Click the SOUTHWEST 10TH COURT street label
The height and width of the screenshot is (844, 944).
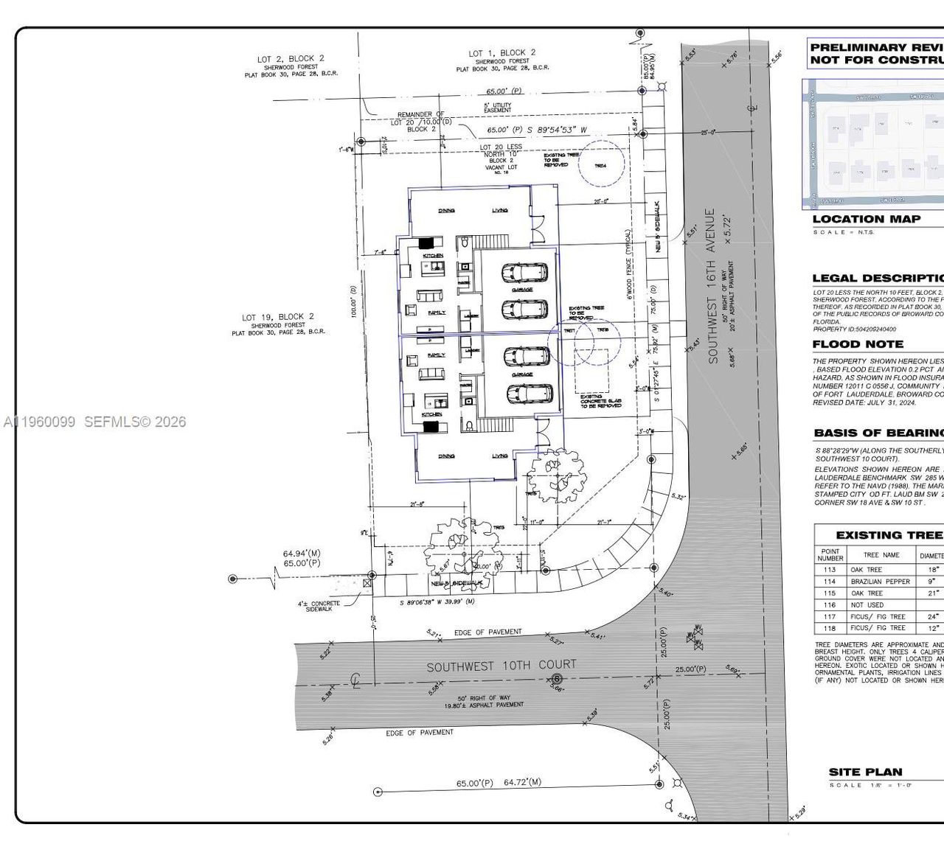pyautogui.click(x=501, y=666)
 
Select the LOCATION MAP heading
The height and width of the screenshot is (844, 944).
pyautogui.click(x=866, y=219)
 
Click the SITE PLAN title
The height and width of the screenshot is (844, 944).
pyautogui.click(x=865, y=772)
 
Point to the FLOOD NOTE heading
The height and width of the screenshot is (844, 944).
pyautogui.click(x=857, y=344)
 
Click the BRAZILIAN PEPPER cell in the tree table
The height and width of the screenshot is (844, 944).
pyautogui.click(x=880, y=582)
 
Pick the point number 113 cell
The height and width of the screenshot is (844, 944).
pyautogui.click(x=830, y=570)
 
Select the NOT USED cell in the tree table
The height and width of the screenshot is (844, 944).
pyautogui.click(x=867, y=605)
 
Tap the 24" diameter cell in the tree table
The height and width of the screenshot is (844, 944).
pyautogui.click(x=932, y=617)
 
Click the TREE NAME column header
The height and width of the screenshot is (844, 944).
pyautogui.click(x=881, y=555)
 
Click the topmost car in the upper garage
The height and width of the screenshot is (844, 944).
pyautogui.click(x=524, y=273)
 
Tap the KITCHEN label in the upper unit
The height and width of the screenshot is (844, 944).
pyautogui.click(x=433, y=255)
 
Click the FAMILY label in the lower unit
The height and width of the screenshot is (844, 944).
pyautogui.click(x=436, y=355)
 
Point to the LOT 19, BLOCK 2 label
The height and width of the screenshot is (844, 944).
pyautogui.click(x=277, y=317)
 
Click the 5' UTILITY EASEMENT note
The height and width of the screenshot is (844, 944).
pyautogui.click(x=496, y=108)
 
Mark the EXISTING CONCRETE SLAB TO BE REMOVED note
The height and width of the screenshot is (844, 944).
pyautogui.click(x=600, y=401)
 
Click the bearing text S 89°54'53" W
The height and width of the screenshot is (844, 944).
pyautogui.click(x=557, y=130)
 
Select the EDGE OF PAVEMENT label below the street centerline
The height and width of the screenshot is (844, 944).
pyautogui.click(x=419, y=733)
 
